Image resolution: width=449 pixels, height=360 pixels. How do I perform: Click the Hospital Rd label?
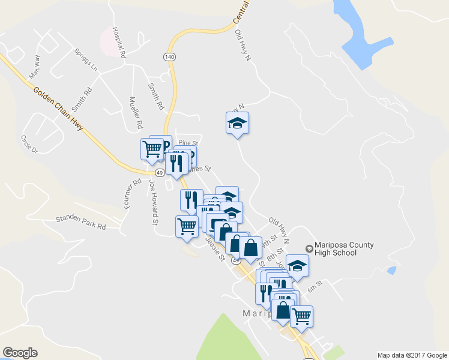pyautogui.click(x=119, y=43)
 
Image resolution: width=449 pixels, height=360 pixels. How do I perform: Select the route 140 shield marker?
pyautogui.click(x=169, y=56)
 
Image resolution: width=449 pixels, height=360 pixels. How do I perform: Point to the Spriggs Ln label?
pyautogui.click(x=86, y=60)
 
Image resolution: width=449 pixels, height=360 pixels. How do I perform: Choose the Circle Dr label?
pyautogui.click(x=29, y=144)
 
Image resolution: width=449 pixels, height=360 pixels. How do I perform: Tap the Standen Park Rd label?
pyautogui.click(x=80, y=221)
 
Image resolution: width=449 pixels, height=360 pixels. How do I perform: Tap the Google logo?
pyautogui.click(x=20, y=353)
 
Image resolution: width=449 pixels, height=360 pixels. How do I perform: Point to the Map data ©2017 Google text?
pyautogui.click(x=412, y=355)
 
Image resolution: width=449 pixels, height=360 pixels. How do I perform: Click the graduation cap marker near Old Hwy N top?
pyautogui.click(x=237, y=124)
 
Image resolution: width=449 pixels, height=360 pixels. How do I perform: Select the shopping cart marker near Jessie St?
pyautogui.click(x=187, y=227)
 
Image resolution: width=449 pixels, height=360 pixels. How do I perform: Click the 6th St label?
pyautogui.click(x=316, y=286)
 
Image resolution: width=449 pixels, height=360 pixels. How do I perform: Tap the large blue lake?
pyautogui.click(x=361, y=36)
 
